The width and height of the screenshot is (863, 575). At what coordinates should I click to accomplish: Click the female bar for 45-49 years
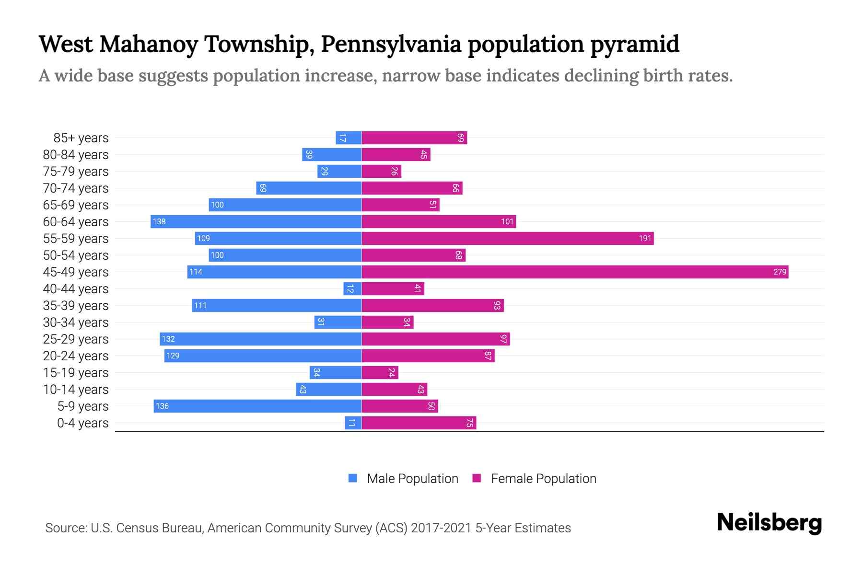574,272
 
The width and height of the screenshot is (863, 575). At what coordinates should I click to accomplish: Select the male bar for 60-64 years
256,221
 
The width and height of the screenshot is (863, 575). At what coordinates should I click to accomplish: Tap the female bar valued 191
507,238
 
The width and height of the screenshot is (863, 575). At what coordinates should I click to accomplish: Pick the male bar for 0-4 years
353,423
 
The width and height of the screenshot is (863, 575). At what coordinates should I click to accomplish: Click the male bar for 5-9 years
257,406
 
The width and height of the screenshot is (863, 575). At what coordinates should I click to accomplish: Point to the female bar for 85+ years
414,138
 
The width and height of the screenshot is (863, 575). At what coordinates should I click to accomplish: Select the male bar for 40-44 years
352,288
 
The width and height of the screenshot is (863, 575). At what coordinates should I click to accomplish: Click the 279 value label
780,272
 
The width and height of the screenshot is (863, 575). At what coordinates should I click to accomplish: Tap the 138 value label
159,221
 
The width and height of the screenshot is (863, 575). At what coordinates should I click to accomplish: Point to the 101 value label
507,221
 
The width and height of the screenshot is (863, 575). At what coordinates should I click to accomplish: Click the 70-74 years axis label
76,188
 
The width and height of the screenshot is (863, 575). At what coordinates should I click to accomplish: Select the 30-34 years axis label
76,322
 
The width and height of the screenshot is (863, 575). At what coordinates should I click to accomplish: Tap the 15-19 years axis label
76,372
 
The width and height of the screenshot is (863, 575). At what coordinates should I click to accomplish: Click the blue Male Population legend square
353,478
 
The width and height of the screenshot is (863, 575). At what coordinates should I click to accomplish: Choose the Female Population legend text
543,478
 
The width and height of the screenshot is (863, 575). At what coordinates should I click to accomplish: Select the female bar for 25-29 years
435,339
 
